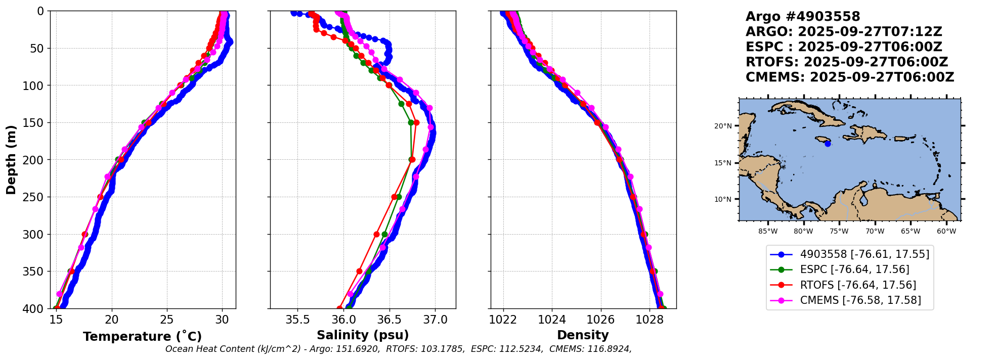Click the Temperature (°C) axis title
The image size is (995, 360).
tap(142, 337)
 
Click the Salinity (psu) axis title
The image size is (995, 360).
tap(362, 335)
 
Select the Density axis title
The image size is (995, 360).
tap(583, 335)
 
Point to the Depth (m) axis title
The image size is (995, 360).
tap(11, 160)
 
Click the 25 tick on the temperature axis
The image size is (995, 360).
tap(167, 320)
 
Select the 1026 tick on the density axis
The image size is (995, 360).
tap(600, 320)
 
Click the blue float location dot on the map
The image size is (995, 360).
tap(828, 144)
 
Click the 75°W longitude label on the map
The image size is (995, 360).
tap(839, 232)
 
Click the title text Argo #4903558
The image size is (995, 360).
tap(803, 17)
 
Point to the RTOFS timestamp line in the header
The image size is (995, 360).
tap(847, 62)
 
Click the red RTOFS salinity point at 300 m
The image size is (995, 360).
tap(376, 234)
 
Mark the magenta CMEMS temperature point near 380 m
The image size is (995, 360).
tap(59, 294)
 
